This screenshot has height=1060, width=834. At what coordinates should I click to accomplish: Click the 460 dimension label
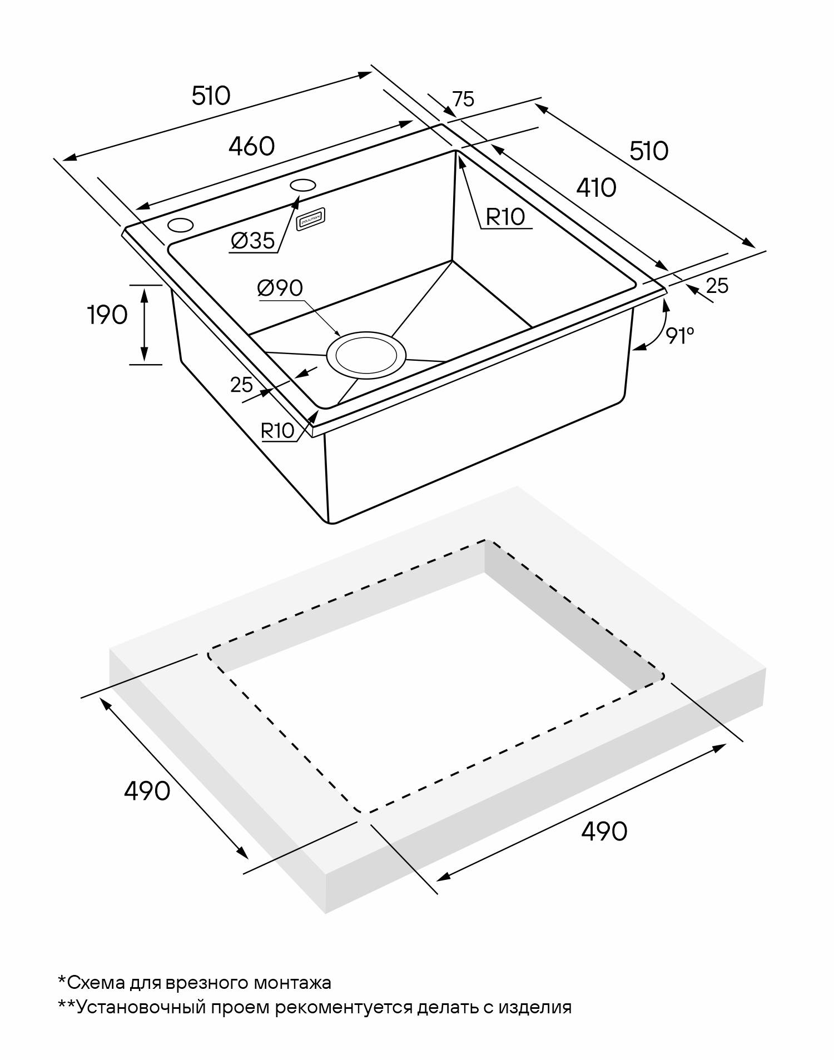[x=252, y=146]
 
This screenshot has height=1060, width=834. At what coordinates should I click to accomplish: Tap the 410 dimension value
[x=596, y=188]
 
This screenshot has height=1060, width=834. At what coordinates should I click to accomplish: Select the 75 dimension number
[x=463, y=99]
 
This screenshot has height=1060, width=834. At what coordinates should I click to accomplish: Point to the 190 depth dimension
[x=107, y=315]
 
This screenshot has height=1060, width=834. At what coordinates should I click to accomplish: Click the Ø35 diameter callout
[x=252, y=241]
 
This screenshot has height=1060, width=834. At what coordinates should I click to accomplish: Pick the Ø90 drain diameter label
[x=280, y=288]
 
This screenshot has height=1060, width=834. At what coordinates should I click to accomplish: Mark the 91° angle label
[x=680, y=336]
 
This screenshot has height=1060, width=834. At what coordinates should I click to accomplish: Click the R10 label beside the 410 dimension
[x=505, y=217]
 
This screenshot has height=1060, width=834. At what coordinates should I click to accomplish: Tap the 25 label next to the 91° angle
[x=717, y=286]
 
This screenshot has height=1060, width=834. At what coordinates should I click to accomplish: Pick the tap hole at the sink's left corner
[x=181, y=225]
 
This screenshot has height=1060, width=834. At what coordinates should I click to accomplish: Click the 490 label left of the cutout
[x=147, y=790]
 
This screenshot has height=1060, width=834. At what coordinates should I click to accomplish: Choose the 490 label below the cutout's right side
[x=604, y=831]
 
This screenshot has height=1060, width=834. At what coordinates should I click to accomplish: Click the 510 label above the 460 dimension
[x=211, y=96]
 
